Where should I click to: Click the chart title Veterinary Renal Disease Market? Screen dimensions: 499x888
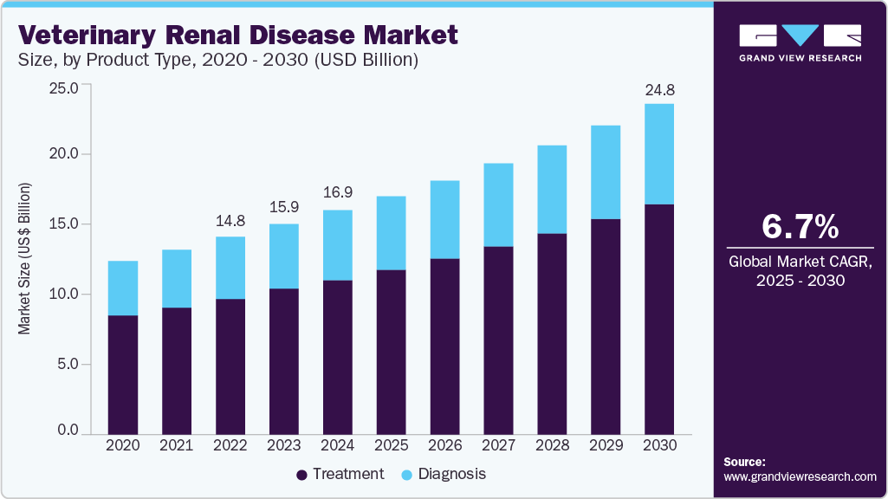(x=237, y=36)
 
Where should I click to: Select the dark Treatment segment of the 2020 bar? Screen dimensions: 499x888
(x=123, y=374)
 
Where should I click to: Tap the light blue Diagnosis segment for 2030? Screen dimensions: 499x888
(x=659, y=154)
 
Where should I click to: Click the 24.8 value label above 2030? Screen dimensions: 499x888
(x=659, y=89)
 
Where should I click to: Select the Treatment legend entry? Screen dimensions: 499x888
(x=340, y=474)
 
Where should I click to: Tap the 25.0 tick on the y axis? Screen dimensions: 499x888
(x=65, y=87)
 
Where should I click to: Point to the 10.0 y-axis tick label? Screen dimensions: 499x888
(x=65, y=295)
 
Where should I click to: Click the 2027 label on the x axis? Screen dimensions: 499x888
(x=498, y=445)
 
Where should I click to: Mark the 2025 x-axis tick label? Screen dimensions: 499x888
(x=391, y=445)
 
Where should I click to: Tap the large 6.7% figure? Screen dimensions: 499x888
(x=800, y=227)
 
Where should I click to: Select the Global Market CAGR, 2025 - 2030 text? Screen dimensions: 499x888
(x=800, y=270)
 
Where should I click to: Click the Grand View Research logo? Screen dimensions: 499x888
(x=800, y=43)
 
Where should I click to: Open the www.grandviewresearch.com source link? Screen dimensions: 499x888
(x=800, y=476)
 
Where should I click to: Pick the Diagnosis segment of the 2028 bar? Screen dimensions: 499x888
(x=552, y=190)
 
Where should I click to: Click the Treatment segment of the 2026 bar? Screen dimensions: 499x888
(x=444, y=346)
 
